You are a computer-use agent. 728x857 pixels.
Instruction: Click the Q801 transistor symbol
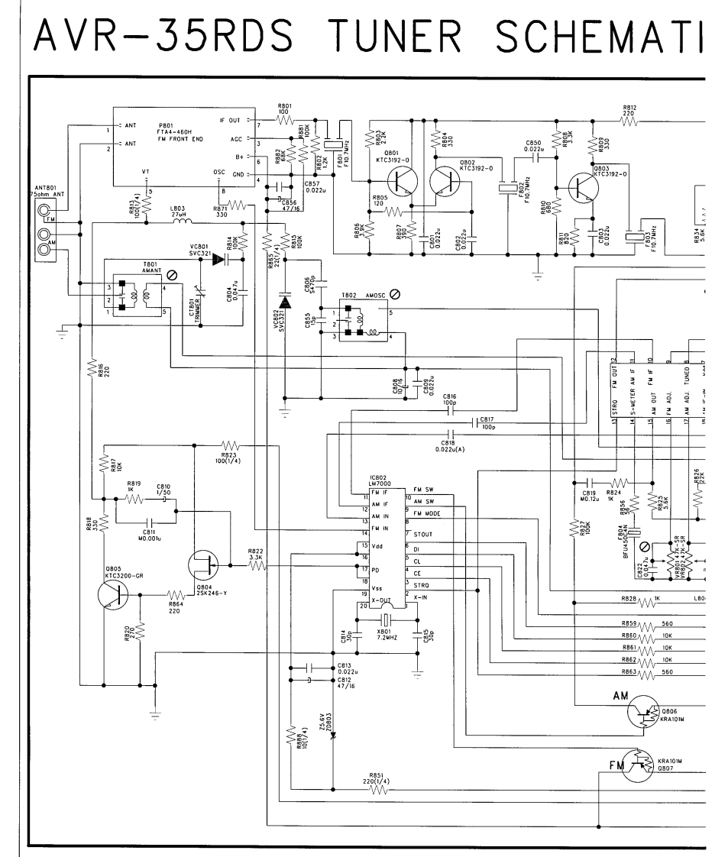(x=400, y=183)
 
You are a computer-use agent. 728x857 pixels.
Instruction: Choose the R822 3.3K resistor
(x=257, y=566)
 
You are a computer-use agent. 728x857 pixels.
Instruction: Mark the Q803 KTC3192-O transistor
(x=585, y=187)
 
